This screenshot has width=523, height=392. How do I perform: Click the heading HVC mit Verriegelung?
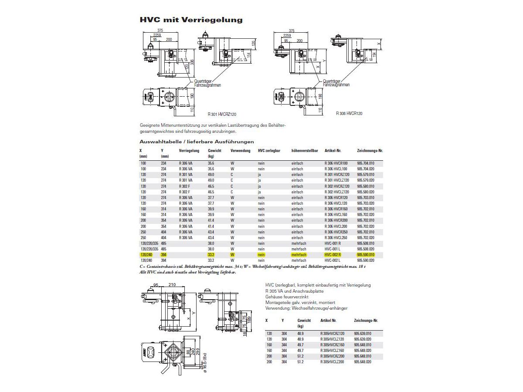point(191,20)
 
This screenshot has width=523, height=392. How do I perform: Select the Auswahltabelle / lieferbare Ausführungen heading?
point(197,142)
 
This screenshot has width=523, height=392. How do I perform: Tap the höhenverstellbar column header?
point(305,151)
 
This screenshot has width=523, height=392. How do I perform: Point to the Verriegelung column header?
point(189,151)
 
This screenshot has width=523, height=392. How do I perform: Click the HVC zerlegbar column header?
point(269,151)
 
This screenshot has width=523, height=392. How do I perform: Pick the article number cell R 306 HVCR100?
point(336,163)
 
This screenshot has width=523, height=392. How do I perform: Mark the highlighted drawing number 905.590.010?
point(366,254)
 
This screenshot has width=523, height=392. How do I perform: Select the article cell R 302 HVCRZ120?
point(337,186)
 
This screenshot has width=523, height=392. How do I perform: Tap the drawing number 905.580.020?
point(366,192)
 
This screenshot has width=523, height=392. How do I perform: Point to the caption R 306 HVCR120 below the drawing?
point(349,114)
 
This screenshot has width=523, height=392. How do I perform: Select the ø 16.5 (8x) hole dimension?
point(204,362)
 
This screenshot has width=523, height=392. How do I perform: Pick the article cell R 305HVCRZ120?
point(332,333)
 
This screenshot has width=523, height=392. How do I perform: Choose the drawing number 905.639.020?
point(363,339)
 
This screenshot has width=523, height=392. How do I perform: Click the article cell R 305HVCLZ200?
point(332,362)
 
